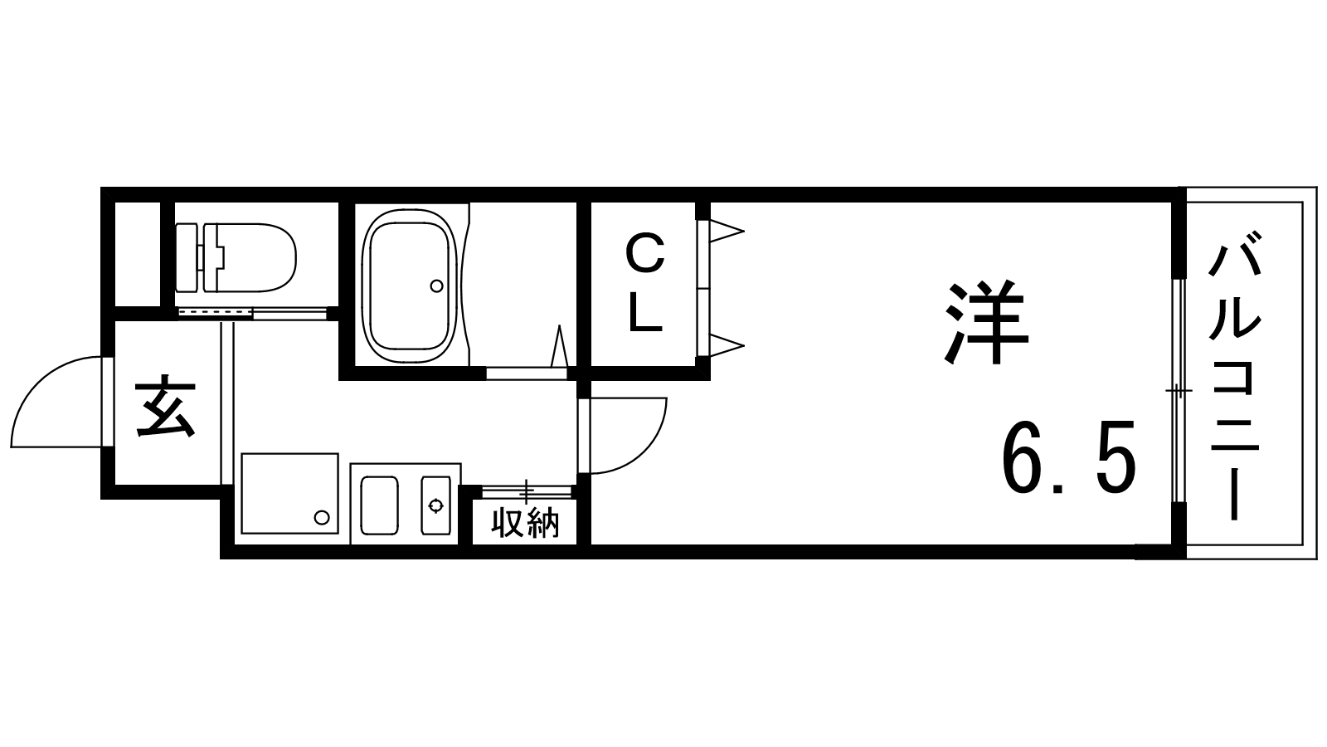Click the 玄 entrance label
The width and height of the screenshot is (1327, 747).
(165, 407)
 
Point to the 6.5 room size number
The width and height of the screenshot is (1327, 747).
(1068, 456)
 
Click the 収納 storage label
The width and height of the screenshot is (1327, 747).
(526, 522)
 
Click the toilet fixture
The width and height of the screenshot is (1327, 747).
(236, 258)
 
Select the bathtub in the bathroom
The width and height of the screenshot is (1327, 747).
(410, 287)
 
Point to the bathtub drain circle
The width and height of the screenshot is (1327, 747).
(436, 286)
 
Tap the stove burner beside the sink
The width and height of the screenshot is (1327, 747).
(436, 505)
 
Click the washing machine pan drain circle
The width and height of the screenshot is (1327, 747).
(322, 518)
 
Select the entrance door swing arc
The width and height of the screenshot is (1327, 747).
(57, 402)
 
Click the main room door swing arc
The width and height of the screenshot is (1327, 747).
(628, 436)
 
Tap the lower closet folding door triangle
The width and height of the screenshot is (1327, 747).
(727, 345)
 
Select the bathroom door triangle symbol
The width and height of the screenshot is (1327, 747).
(559, 345)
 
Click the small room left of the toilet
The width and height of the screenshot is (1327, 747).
(138, 254)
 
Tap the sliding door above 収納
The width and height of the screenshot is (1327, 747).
(526, 491)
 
